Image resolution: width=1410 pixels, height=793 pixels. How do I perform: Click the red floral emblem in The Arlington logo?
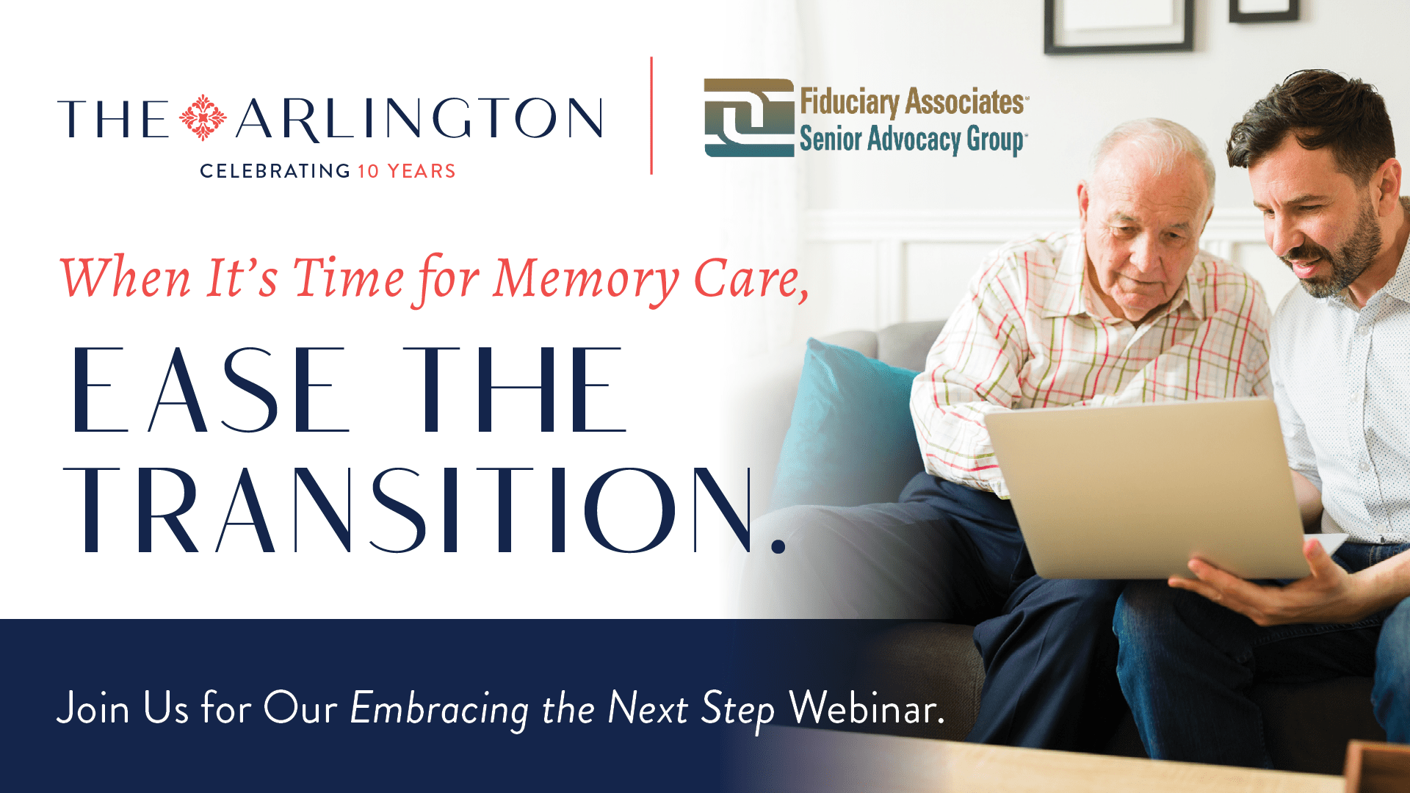[x=203, y=117]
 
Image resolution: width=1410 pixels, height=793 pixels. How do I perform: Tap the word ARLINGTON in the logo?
[x=419, y=119]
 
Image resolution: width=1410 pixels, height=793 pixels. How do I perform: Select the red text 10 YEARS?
[x=407, y=171]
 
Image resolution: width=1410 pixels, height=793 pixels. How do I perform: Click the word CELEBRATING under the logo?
[x=275, y=171]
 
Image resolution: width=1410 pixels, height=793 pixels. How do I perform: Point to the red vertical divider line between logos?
[x=651, y=115]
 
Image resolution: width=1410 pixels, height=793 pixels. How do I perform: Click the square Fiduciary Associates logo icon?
[x=749, y=117]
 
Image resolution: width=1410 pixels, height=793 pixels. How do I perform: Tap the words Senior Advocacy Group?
[x=913, y=140]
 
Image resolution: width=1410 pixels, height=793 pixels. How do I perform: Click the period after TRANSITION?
[x=779, y=546]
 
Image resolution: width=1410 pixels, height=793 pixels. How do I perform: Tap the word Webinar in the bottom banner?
[x=867, y=709]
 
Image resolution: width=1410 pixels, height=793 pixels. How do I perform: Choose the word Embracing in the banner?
[x=439, y=710]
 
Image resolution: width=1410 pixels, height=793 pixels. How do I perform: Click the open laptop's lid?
[x=1146, y=488]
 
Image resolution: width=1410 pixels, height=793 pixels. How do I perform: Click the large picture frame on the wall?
[x=1118, y=26]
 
